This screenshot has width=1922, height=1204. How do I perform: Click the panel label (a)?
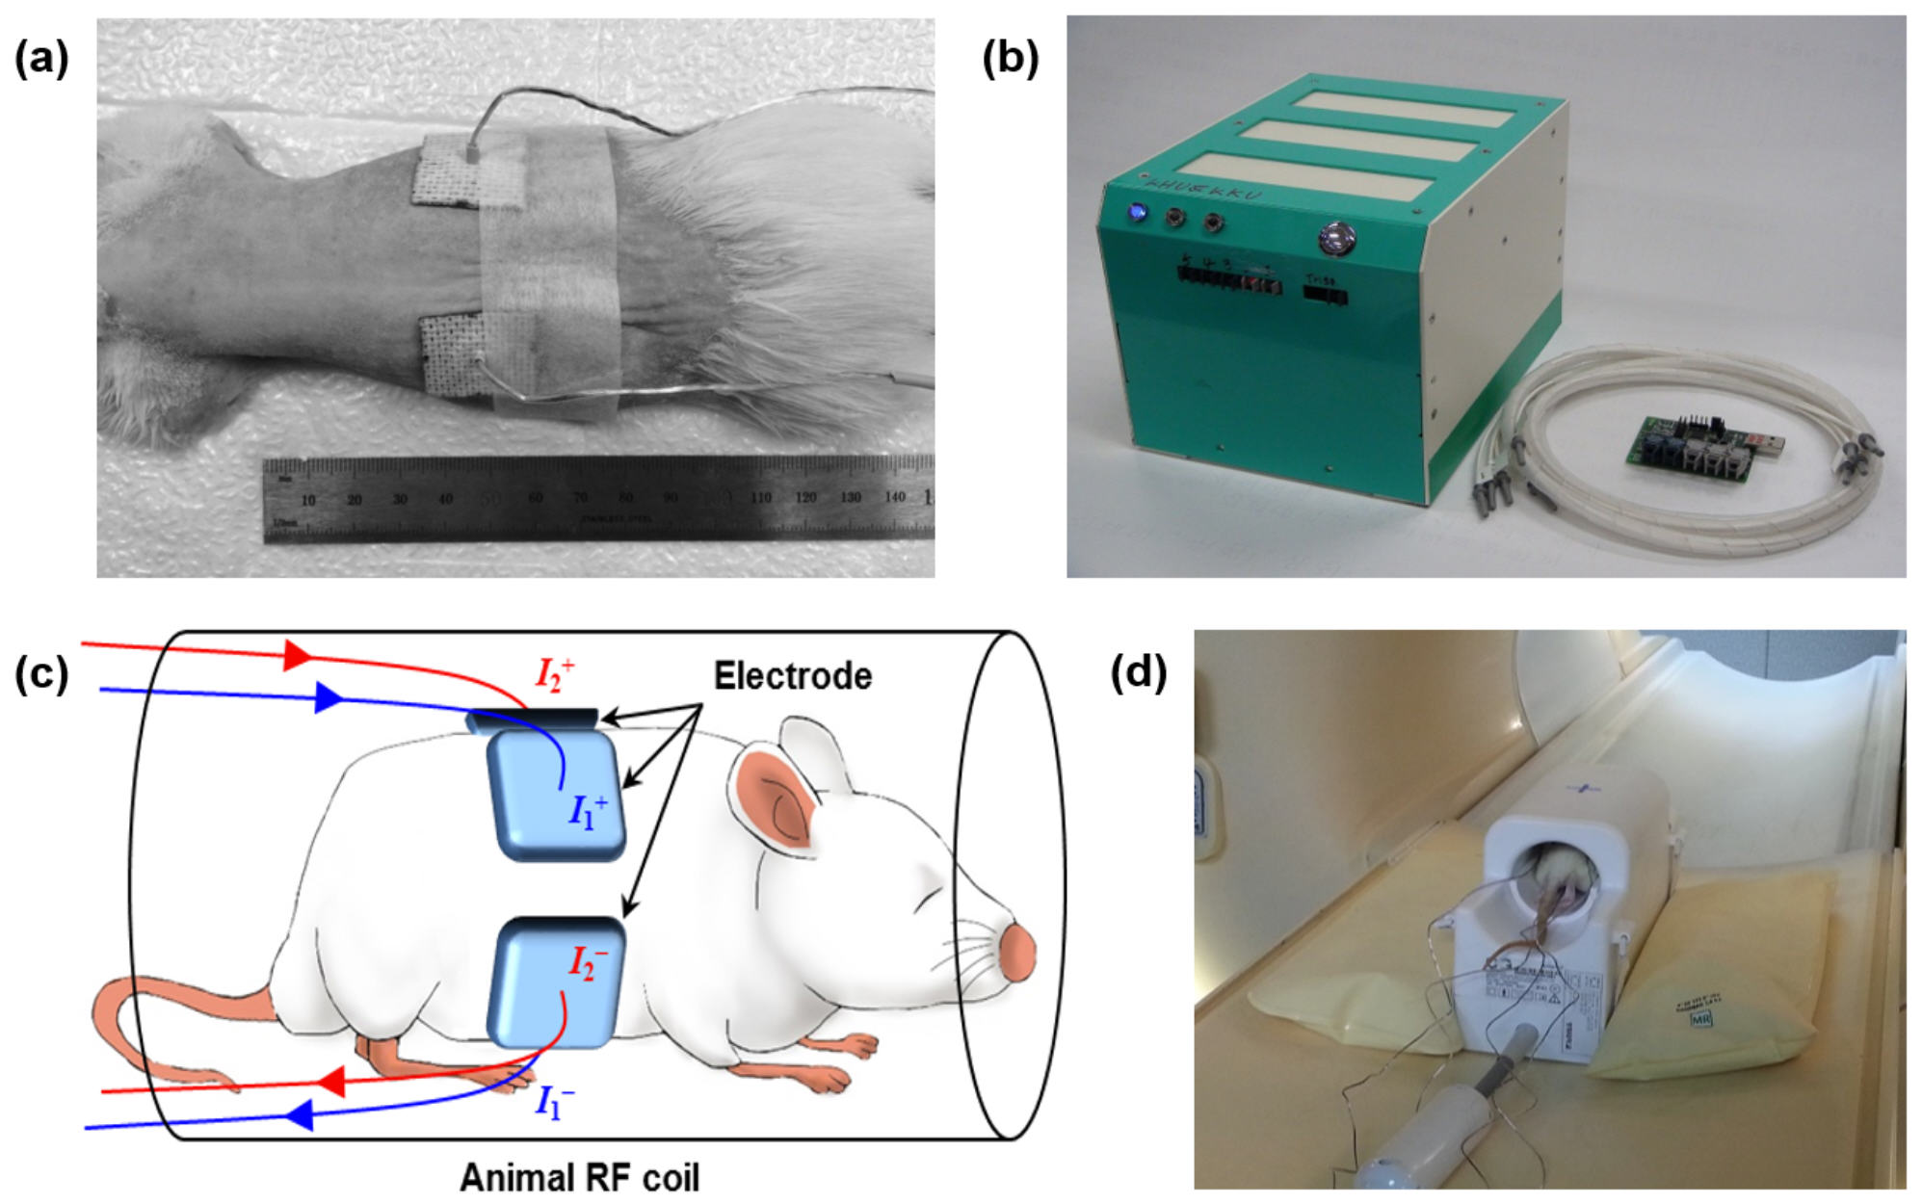(41, 60)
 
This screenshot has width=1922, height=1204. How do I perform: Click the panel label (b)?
(1010, 60)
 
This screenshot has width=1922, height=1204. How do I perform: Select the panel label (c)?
(41, 675)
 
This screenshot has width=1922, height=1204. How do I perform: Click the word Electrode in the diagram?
(792, 676)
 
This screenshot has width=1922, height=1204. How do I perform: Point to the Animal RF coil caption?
(579, 1177)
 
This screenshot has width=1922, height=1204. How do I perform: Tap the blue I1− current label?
(555, 1101)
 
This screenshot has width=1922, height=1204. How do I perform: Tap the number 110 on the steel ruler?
(760, 498)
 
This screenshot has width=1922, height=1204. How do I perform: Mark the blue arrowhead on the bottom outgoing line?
(300, 1115)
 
